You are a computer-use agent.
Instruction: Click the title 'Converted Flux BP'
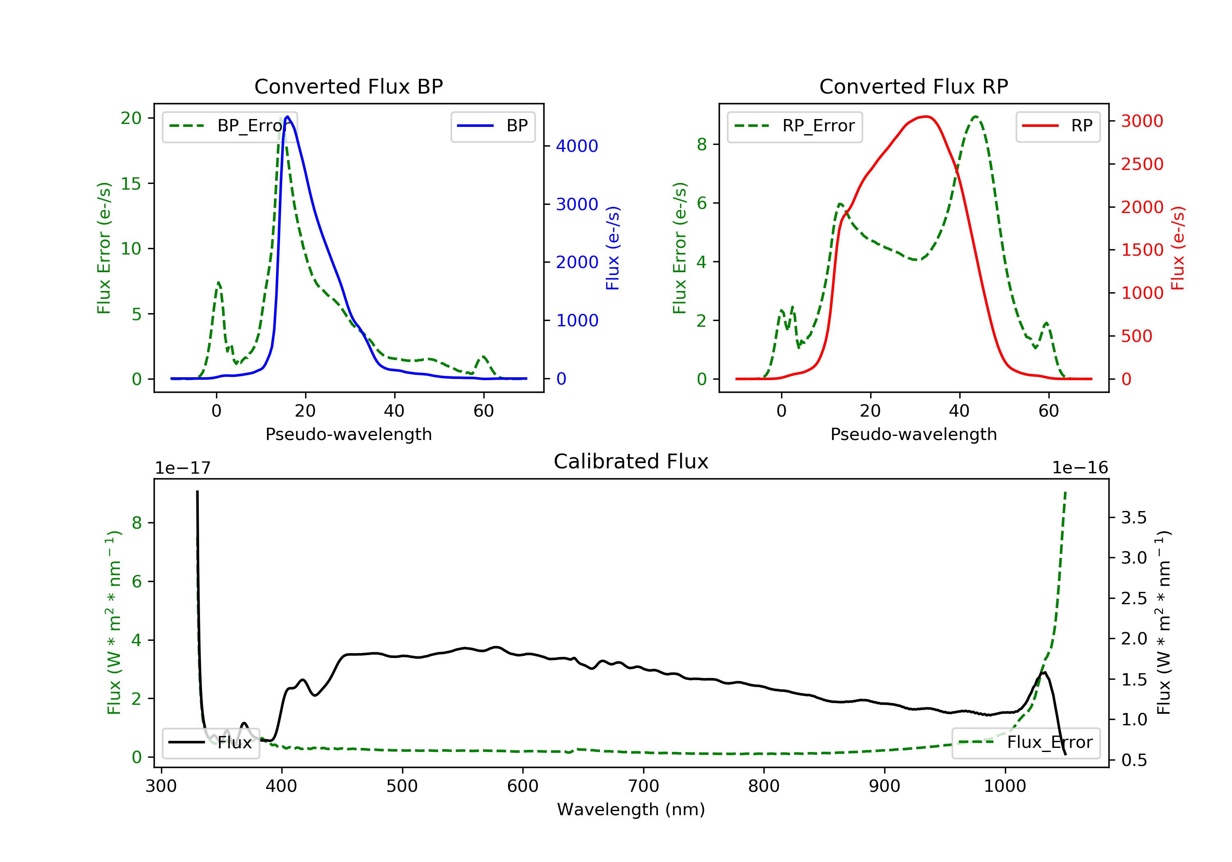(x=348, y=86)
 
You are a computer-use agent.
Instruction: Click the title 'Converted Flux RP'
(x=913, y=86)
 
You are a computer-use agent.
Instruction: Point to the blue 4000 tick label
(x=577, y=146)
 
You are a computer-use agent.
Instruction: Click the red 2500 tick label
(x=1142, y=164)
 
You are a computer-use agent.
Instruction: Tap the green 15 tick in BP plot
(x=131, y=184)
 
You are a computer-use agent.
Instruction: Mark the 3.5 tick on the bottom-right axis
(x=1134, y=518)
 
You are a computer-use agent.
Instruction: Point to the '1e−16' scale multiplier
(x=1080, y=468)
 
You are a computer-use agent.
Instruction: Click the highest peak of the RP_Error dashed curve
(x=975, y=117)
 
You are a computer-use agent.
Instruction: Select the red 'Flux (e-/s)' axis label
(x=1177, y=248)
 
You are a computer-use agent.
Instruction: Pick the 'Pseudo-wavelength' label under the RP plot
(x=913, y=434)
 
